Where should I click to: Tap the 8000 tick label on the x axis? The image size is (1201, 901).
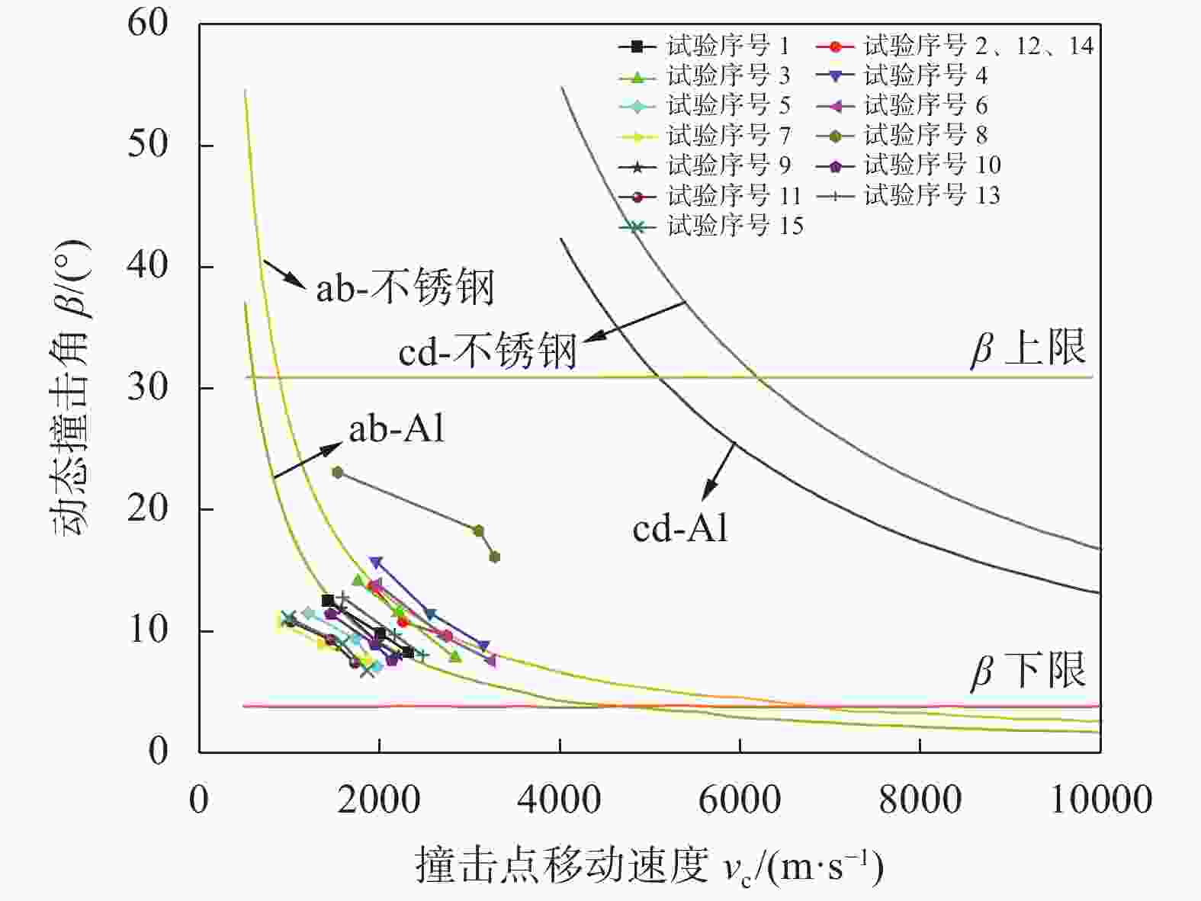point(920,800)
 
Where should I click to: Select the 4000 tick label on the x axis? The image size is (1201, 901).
point(560,800)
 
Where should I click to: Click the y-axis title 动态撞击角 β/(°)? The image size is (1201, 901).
point(72,388)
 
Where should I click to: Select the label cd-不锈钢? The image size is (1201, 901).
point(487,351)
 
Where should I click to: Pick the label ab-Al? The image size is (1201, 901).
point(397,429)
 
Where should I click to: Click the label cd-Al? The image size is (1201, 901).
point(680,528)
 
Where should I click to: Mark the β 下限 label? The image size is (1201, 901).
point(1028,672)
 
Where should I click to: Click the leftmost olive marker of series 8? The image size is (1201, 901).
point(338,473)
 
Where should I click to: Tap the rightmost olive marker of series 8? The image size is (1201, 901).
point(494,557)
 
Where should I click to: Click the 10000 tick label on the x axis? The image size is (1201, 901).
point(1100,800)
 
